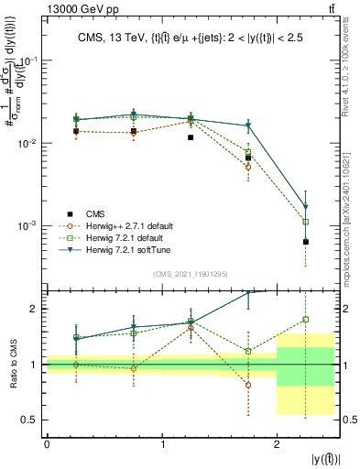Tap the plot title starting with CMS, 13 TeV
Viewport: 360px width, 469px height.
pyautogui.click(x=191, y=38)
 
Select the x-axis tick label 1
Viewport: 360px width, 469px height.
pyautogui.click(x=161, y=444)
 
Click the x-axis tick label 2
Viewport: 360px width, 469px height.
pyautogui.click(x=277, y=444)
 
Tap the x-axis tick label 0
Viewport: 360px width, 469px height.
pyautogui.click(x=47, y=444)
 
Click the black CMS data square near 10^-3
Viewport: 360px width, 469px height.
pyautogui.click(x=306, y=242)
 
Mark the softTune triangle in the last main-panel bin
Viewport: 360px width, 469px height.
pyautogui.click(x=306, y=207)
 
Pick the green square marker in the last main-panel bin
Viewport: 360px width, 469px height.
pyautogui.click(x=306, y=222)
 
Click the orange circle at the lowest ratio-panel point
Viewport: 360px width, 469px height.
pyautogui.click(x=248, y=385)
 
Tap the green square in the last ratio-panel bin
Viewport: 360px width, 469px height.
pyautogui.click(x=306, y=320)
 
